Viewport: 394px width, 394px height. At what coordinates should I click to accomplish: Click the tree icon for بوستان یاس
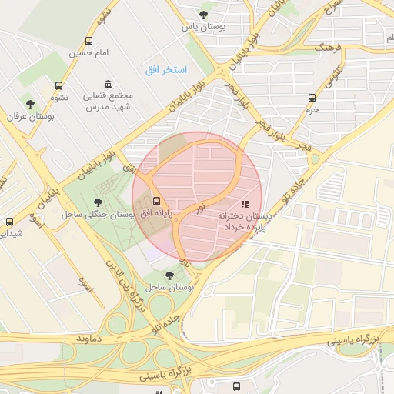(x=203, y=14)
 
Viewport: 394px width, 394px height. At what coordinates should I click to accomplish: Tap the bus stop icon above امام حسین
(x=90, y=41)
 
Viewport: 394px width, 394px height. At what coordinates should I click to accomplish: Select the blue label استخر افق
(x=165, y=70)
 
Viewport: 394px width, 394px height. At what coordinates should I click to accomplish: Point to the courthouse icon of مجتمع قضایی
(x=108, y=84)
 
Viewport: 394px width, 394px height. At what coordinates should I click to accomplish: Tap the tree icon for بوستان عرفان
(x=30, y=103)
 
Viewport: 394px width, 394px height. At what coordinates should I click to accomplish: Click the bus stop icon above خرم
(x=312, y=98)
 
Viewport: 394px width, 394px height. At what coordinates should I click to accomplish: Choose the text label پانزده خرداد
(x=245, y=229)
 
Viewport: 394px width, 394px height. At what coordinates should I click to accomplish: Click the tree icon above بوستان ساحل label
(x=169, y=275)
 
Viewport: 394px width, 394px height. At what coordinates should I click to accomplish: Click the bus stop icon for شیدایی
(x=9, y=221)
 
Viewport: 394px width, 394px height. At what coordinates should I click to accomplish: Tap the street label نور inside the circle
(x=200, y=208)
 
